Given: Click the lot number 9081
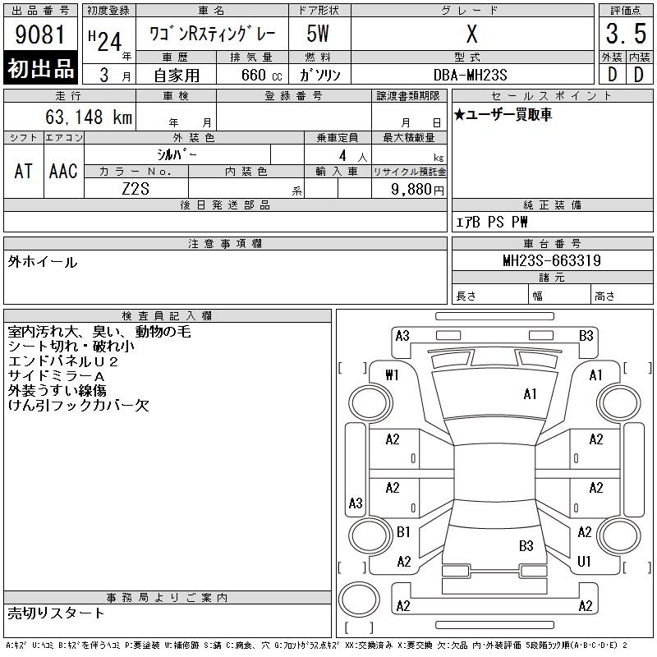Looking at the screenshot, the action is tap(39, 34).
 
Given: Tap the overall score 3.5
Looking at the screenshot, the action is tap(626, 34).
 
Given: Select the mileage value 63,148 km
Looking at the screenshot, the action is tap(89, 117).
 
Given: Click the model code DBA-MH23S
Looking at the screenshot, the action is tap(470, 75).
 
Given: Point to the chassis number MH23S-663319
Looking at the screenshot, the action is tap(552, 260).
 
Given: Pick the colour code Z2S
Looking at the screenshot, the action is tap(136, 189).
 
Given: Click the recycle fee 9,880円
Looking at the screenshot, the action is tap(417, 190).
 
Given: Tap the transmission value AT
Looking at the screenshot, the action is tap(24, 171).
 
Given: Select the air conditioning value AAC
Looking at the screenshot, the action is tap(63, 171).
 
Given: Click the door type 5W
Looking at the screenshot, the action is tap(318, 34).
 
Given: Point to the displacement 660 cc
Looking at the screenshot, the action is tap(261, 75).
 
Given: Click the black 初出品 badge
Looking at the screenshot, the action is tap(40, 68).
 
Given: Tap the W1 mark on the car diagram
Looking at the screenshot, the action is tap(392, 374).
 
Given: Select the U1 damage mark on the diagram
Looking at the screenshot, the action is tap(584, 561).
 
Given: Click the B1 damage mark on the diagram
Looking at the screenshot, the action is tap(403, 531).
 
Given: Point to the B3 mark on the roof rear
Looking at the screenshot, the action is tap(526, 545).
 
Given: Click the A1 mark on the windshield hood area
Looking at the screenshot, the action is tap(530, 394).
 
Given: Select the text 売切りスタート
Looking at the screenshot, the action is tap(56, 613).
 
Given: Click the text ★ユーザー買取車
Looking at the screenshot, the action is tap(503, 114).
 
